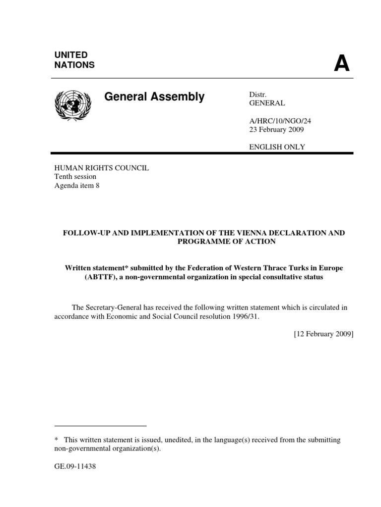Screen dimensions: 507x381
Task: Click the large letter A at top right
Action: [341, 63]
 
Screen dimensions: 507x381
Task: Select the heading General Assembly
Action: [154, 97]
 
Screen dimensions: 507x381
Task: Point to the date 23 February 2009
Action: [276, 130]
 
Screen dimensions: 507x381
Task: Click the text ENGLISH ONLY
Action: [276, 147]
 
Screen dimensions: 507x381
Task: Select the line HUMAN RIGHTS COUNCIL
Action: [101, 168]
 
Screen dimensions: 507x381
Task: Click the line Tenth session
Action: [75, 177]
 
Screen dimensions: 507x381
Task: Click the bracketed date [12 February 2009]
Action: [323, 334]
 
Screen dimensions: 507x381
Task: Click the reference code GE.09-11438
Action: [75, 466]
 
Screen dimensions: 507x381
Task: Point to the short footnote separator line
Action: [100, 425]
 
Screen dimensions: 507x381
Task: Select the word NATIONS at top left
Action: [74, 65]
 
